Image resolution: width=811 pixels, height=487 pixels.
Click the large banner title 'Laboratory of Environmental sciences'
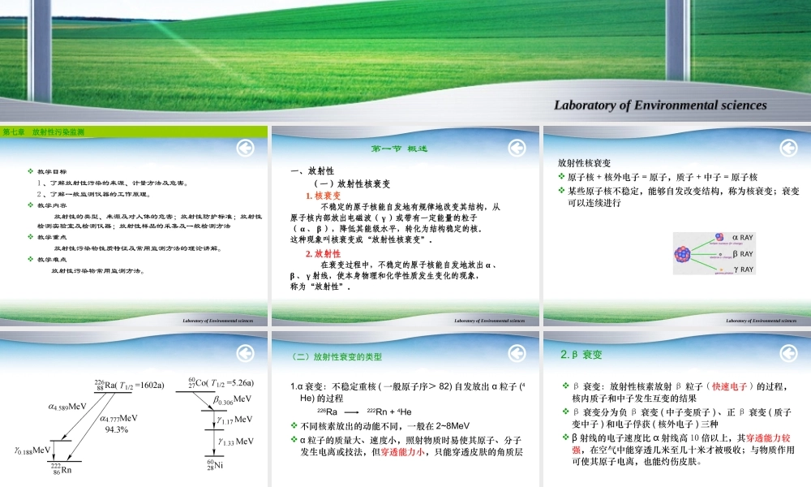pos(659,105)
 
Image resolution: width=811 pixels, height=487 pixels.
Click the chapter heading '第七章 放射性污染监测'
pos(44,131)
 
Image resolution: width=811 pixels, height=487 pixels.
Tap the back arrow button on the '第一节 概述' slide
pos(516,148)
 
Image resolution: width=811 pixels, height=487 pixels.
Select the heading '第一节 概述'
pos(398,149)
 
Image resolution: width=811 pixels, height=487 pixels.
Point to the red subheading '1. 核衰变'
pos(323,196)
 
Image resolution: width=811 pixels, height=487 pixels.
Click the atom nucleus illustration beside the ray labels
pos(682,252)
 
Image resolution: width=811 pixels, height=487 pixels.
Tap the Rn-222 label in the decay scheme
pos(61,469)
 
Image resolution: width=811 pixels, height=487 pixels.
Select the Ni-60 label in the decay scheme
pos(214,464)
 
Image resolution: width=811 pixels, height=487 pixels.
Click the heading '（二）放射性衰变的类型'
pos(336,356)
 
